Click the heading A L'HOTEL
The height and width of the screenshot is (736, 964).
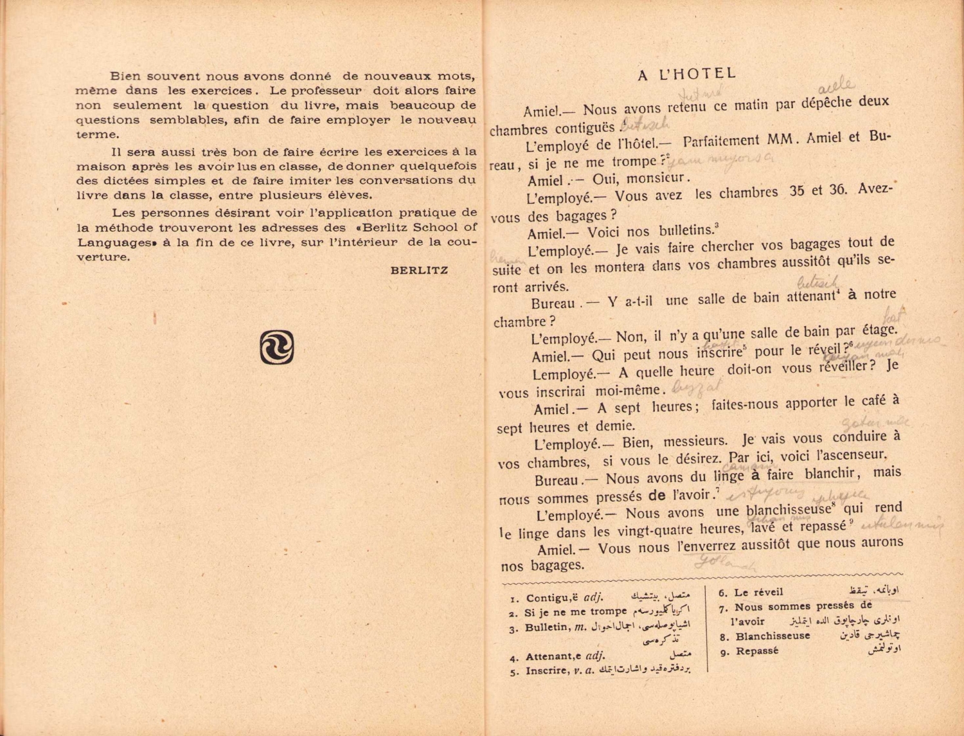(686, 75)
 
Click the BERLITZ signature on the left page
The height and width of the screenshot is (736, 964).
(419, 271)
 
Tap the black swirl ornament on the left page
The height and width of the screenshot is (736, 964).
(277, 347)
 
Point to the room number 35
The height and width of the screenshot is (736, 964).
(797, 192)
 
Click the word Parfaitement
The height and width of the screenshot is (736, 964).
(721, 141)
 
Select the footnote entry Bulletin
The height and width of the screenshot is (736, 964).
(547, 627)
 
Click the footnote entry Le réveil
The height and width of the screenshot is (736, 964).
(758, 593)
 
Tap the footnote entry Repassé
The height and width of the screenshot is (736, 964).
(757, 651)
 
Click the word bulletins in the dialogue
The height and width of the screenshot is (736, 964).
(686, 231)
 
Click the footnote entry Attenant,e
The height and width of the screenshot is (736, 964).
(553, 656)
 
